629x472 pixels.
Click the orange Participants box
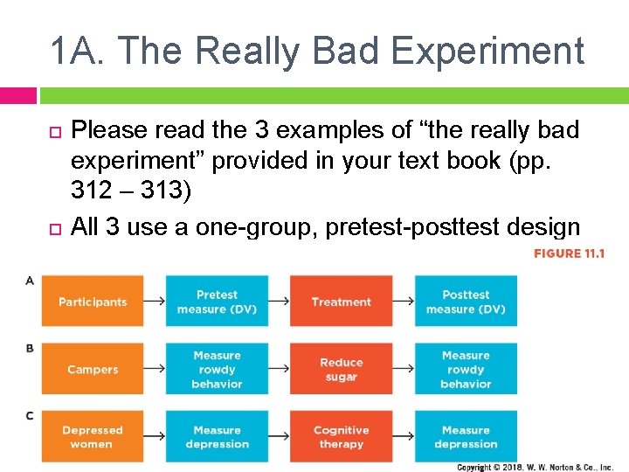coord(93,302)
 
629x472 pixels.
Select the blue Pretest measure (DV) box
coord(217,302)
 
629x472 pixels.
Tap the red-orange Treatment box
coord(341,302)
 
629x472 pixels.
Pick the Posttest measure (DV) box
coord(466,302)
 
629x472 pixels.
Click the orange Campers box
coord(93,369)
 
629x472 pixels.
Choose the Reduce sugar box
coord(341,369)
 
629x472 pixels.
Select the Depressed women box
coord(93,437)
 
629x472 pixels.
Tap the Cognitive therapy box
coord(341,437)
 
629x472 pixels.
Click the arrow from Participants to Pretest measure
coord(155,302)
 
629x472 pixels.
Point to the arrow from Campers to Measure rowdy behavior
coord(155,369)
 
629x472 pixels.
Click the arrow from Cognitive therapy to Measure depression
coord(403,437)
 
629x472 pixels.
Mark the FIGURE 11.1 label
coord(569,253)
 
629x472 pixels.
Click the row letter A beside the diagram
coord(30,281)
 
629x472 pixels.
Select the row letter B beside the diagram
coord(30,348)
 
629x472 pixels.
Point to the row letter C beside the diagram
coord(30,415)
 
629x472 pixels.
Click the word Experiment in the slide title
coord(487,51)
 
